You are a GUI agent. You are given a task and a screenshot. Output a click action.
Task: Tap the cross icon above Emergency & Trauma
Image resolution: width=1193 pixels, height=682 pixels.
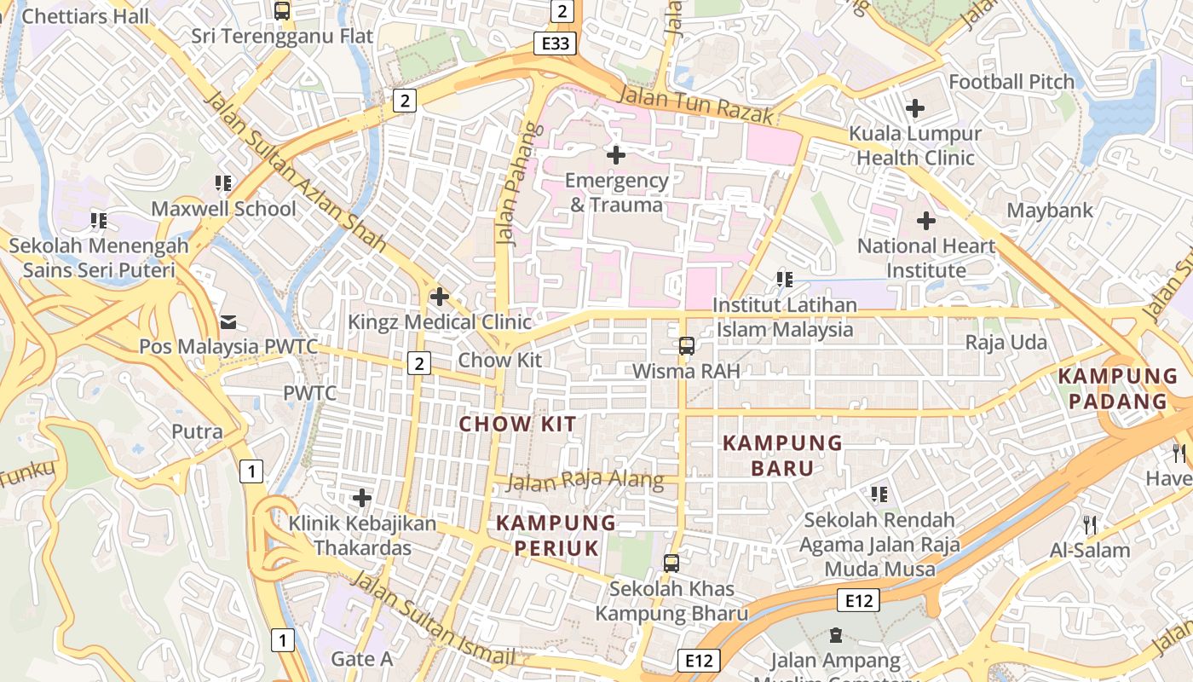[x=615, y=155]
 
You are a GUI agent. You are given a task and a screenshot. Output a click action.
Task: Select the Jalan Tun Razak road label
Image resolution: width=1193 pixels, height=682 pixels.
[x=695, y=104]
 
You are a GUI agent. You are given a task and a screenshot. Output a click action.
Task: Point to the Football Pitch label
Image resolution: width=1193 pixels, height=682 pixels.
[x=1011, y=83]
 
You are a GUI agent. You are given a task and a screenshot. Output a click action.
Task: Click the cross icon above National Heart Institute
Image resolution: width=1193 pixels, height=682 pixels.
[x=925, y=221]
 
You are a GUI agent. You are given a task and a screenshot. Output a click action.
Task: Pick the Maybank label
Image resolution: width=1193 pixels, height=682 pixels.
[x=1049, y=210]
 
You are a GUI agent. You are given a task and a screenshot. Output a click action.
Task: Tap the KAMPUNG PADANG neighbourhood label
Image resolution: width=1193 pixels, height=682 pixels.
[x=1117, y=389]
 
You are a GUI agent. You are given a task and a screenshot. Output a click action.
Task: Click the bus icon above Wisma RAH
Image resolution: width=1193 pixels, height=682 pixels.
[x=686, y=345]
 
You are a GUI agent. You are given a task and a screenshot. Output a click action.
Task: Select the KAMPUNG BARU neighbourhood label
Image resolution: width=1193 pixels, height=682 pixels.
[x=782, y=455]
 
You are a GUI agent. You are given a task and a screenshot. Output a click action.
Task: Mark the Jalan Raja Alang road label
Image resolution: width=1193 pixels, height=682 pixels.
[x=585, y=481]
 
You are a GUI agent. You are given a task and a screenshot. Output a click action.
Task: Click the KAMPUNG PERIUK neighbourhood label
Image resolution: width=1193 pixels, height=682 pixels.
[x=556, y=535]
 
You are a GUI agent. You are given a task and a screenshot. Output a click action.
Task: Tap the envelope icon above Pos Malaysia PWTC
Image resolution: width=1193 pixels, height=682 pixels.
[x=228, y=321]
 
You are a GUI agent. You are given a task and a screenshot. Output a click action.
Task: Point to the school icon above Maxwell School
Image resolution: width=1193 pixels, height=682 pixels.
[x=223, y=183]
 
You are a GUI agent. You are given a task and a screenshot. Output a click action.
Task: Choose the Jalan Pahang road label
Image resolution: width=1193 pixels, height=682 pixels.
[x=520, y=185]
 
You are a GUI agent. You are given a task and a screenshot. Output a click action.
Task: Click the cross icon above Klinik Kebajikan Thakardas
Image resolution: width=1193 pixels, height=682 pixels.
[x=362, y=497]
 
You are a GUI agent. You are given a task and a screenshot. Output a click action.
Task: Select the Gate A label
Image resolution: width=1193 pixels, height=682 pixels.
[x=361, y=658]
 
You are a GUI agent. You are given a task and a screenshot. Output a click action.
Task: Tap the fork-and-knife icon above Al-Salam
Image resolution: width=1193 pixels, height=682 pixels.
[x=1089, y=524]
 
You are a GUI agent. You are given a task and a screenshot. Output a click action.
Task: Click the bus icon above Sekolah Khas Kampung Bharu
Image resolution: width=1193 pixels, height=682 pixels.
[x=671, y=563]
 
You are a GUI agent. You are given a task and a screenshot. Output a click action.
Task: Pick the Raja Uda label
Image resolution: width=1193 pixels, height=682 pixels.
[x=1006, y=343]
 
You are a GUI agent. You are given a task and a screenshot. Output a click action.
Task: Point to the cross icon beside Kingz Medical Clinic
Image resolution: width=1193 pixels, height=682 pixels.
[x=440, y=297]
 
